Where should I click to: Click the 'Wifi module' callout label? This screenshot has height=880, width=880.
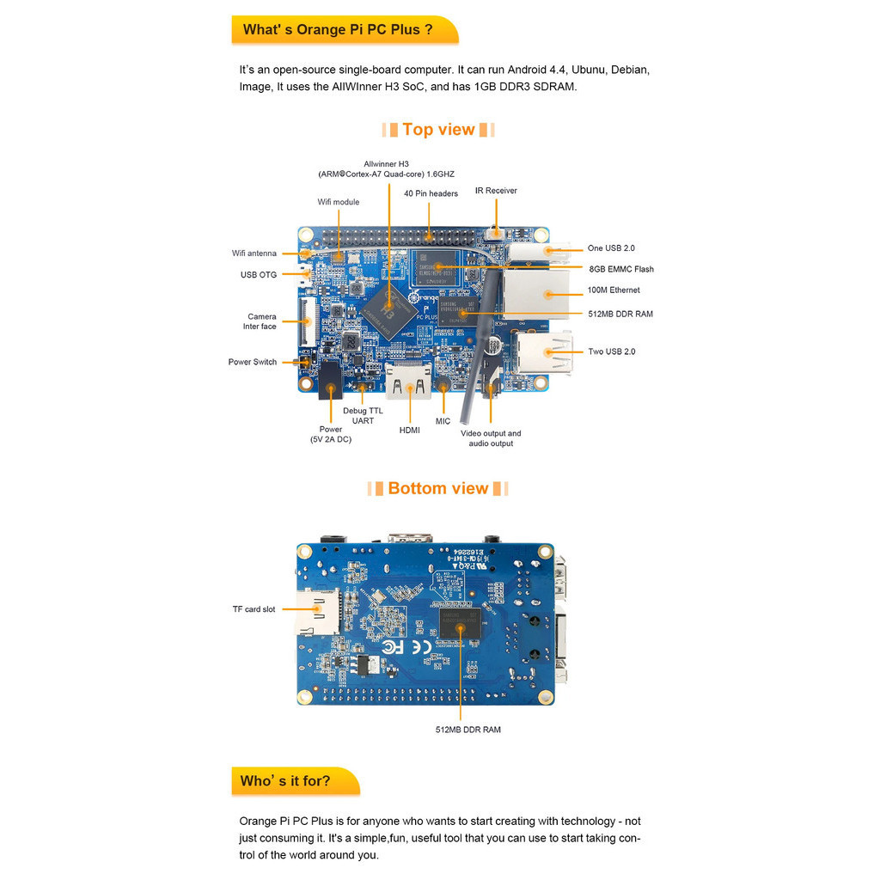[338, 202]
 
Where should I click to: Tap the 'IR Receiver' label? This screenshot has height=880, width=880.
[496, 191]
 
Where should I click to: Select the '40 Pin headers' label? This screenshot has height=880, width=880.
[431, 193]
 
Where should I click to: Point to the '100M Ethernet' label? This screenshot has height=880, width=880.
[614, 290]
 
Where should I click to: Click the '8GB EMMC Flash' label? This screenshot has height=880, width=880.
[620, 269]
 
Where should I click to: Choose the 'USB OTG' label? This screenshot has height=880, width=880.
[258, 275]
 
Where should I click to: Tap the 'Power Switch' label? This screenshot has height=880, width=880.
[253, 362]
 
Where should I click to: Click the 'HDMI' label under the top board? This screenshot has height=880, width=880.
[410, 430]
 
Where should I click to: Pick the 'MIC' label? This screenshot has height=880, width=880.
[443, 421]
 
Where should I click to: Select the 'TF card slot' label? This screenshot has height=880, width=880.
[254, 609]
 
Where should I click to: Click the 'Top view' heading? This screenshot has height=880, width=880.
[438, 130]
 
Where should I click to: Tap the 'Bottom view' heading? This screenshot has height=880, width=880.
[438, 489]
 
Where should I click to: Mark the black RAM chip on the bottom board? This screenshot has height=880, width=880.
[461, 626]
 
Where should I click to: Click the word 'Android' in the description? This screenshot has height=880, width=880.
[531, 70]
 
